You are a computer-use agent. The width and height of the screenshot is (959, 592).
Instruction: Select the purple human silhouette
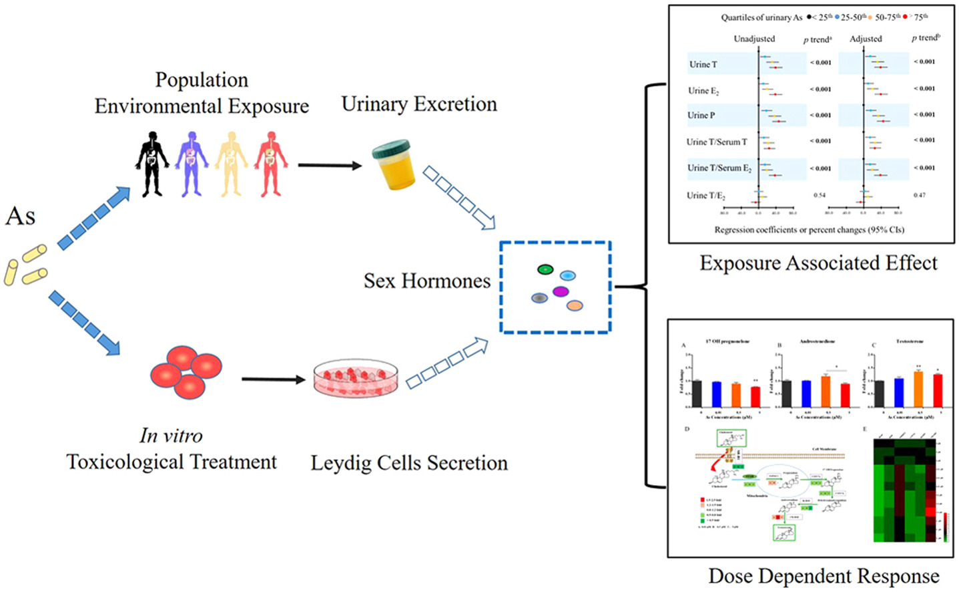[x=192, y=163]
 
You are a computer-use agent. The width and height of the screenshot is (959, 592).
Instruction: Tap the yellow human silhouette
[x=232, y=163]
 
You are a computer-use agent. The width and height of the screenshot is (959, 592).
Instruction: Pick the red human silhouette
[x=271, y=163]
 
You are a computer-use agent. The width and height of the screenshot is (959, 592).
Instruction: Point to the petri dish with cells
[x=356, y=378]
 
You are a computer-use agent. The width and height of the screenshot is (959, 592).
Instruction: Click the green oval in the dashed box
[x=545, y=269]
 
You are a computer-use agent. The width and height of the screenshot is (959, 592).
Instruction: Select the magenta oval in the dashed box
[x=561, y=291]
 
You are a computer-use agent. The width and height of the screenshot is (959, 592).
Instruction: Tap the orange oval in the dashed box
[x=575, y=305]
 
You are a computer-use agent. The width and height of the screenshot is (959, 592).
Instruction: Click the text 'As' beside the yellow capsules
[x=20, y=216]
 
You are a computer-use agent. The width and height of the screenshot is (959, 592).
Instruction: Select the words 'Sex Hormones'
[x=427, y=281]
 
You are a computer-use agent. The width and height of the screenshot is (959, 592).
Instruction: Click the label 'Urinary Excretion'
[x=419, y=104]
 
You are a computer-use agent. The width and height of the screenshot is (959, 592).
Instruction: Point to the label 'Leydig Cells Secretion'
[x=409, y=463]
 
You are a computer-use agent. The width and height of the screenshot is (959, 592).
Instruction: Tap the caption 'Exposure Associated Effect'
[x=818, y=263]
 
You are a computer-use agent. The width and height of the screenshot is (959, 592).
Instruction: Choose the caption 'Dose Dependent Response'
[x=824, y=576]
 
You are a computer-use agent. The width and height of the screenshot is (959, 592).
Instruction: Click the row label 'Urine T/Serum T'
[x=717, y=142]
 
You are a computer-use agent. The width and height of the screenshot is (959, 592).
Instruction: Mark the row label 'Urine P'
[x=701, y=115]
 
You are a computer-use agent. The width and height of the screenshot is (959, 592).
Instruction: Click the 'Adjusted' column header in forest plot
[x=866, y=39]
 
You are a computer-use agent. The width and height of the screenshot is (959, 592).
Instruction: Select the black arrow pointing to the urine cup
[x=329, y=164]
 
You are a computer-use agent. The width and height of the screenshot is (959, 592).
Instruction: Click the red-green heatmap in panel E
[x=906, y=490]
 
